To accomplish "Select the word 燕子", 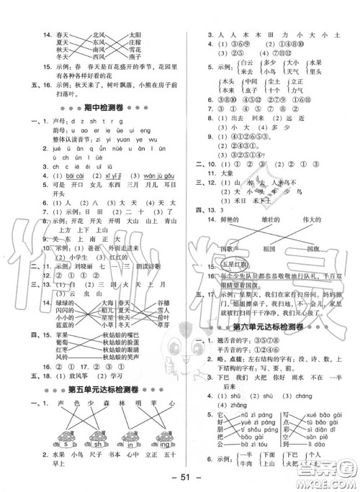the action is coord(154,57).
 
